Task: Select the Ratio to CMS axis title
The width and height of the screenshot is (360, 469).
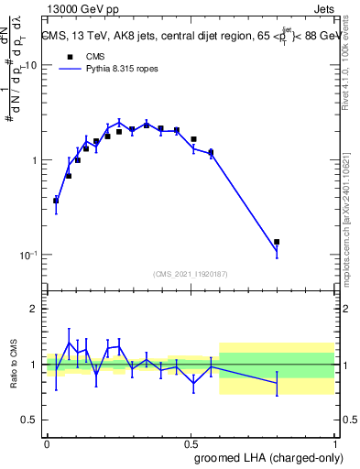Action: [12, 365]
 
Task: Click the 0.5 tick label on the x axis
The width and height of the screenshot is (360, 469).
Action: [191, 443]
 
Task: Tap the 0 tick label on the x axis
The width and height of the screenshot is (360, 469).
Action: [47, 443]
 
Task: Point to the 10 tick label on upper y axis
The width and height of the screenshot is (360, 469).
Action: [30, 66]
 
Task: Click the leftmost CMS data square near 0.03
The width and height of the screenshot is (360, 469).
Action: [56, 200]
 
